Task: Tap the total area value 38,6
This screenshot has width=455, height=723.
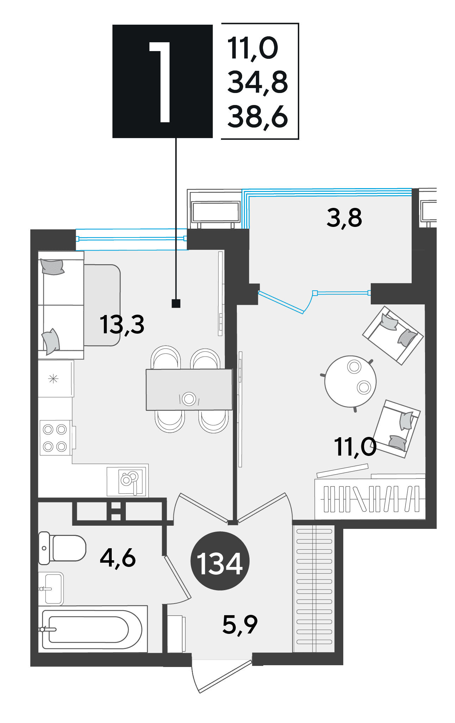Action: [x=258, y=117]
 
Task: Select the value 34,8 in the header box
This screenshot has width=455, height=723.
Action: [x=258, y=82]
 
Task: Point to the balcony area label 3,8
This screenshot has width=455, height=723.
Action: [x=344, y=218]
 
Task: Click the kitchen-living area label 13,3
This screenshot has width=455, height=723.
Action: [x=122, y=325]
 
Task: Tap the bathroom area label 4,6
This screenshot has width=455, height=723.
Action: [x=118, y=558]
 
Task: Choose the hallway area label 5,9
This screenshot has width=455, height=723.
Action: [x=240, y=624]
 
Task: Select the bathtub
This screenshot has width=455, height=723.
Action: [x=93, y=629]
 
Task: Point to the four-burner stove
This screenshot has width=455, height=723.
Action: [x=56, y=438]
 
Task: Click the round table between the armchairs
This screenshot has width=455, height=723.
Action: [x=350, y=382]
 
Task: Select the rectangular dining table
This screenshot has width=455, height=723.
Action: [x=189, y=390]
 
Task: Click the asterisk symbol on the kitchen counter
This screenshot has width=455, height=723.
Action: [x=53, y=379]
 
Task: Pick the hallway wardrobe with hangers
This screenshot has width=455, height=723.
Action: [x=314, y=588]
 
